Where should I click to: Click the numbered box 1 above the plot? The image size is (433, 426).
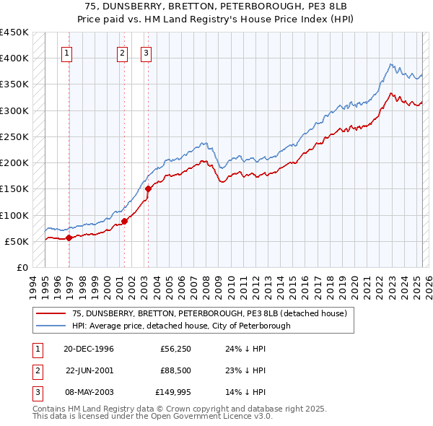coord(66,52)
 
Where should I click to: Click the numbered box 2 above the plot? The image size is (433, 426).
coord(122,52)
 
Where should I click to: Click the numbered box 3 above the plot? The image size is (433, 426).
coord(146,52)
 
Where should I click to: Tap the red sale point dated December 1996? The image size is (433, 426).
coord(69,237)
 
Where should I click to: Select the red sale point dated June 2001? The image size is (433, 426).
coord(125,221)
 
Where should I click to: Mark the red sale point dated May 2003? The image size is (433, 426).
coord(148,188)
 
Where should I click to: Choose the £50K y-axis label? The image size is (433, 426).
coord(17,241)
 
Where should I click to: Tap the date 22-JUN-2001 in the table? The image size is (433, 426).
coord(89,371)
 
